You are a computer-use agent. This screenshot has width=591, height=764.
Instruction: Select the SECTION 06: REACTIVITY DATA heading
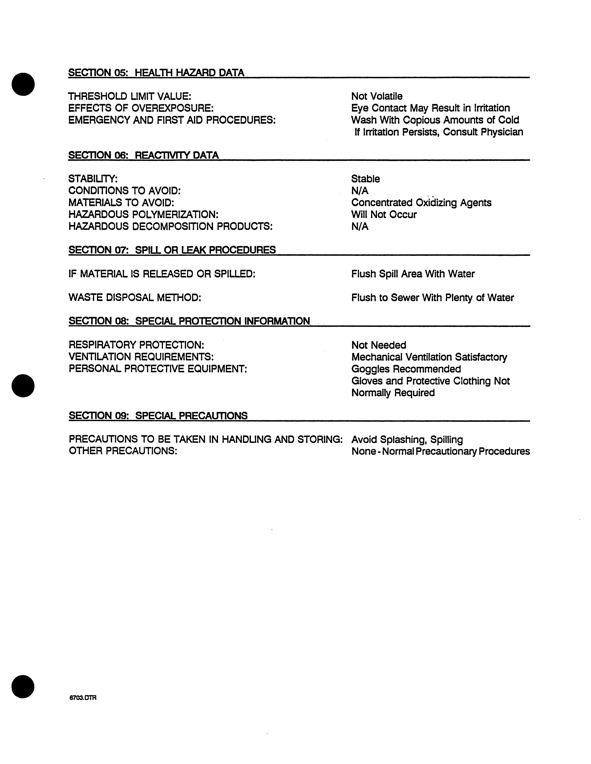[x=143, y=155]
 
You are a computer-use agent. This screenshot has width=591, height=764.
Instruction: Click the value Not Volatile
[x=377, y=96]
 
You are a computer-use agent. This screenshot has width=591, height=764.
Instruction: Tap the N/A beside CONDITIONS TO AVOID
[x=360, y=191]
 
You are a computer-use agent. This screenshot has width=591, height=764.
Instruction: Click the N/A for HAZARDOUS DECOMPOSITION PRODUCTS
[x=360, y=227]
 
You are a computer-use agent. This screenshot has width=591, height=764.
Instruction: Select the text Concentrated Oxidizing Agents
[x=421, y=203]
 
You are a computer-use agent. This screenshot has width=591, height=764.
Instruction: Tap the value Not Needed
[x=379, y=345]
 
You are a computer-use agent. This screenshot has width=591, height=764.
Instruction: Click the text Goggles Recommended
[x=406, y=369]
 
